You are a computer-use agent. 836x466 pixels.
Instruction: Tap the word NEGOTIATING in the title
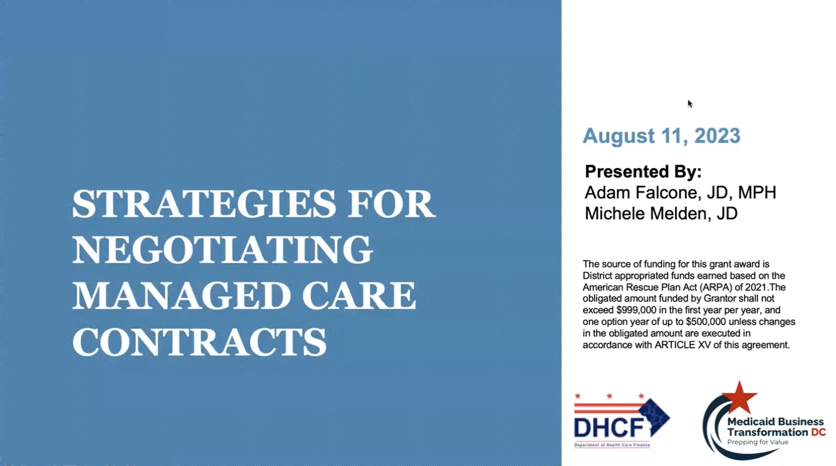(x=222, y=250)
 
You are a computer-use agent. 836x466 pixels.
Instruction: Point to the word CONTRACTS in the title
(x=200, y=341)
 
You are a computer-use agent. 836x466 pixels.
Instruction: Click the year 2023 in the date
(x=717, y=136)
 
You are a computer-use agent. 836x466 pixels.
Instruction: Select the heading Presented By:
(x=643, y=172)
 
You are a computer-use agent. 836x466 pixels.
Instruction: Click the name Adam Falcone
(x=641, y=193)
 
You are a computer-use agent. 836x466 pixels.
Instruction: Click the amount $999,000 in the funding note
(x=636, y=310)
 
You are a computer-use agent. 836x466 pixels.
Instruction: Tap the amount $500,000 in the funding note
(x=704, y=322)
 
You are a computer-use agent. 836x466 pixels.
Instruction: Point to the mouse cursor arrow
(x=690, y=104)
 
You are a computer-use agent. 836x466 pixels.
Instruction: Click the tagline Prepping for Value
(x=757, y=442)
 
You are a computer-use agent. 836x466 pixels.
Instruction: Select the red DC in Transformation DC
(x=818, y=432)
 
